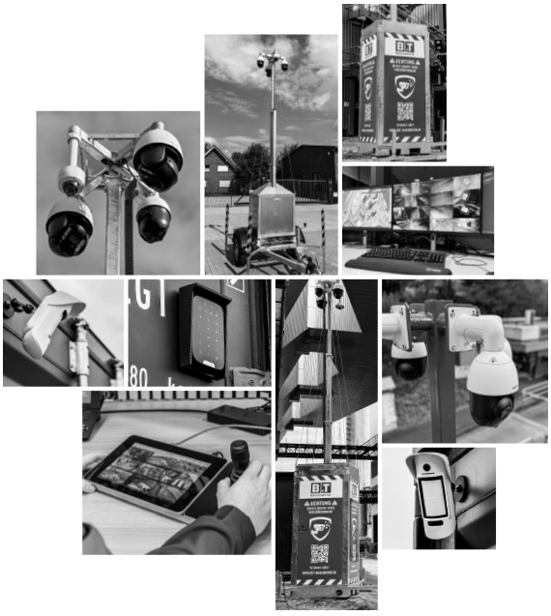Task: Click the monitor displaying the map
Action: tap(367, 207)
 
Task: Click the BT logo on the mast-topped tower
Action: tap(320, 488)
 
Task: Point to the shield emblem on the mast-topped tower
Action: tap(321, 525)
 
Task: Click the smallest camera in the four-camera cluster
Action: tap(71, 180)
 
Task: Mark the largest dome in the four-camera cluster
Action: tap(158, 155)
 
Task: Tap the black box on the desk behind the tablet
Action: tap(238, 416)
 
